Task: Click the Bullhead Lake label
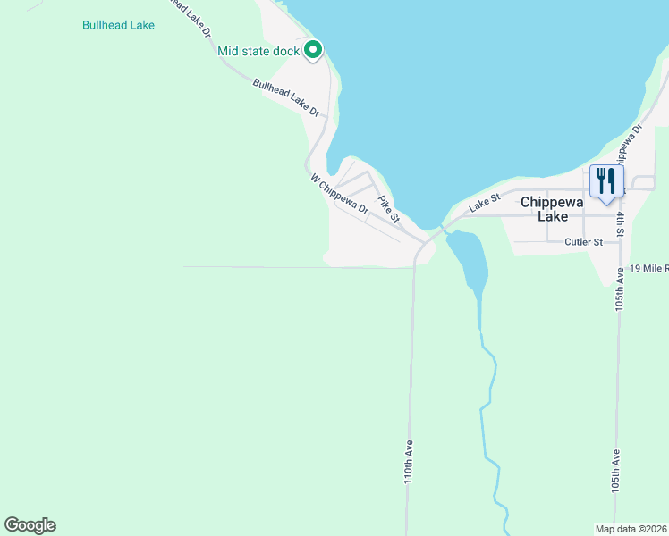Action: pyautogui.click(x=118, y=25)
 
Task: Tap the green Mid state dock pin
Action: pyautogui.click(x=313, y=51)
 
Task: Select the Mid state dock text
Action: pyautogui.click(x=258, y=51)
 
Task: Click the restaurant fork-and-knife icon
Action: pyautogui.click(x=607, y=182)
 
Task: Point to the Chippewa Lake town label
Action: pyautogui.click(x=552, y=208)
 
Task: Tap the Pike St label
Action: pyautogui.click(x=388, y=210)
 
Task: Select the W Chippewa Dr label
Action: pyautogui.click(x=340, y=193)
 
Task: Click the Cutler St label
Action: pyautogui.click(x=584, y=242)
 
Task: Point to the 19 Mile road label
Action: pyautogui.click(x=648, y=268)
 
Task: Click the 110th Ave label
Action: pyautogui.click(x=409, y=461)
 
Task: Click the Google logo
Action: pyautogui.click(x=30, y=525)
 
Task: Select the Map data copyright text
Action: pyautogui.click(x=631, y=528)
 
